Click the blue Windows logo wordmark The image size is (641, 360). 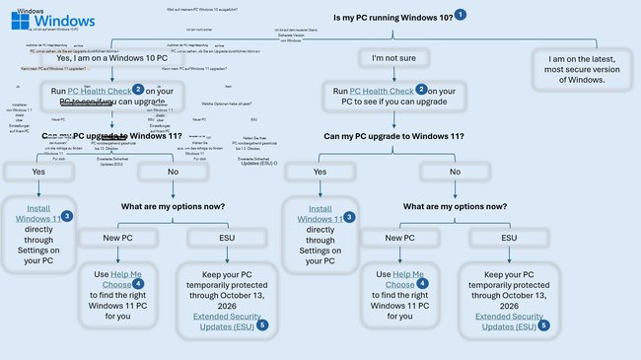(60, 21)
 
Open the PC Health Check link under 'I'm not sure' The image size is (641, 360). (372, 91)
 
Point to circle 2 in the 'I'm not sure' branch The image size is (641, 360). (421, 89)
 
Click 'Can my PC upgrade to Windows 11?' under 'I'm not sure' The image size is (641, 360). (392, 135)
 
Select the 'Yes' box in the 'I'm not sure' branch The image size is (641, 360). (320, 171)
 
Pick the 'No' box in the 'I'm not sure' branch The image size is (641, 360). (454, 171)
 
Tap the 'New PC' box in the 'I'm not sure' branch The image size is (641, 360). (392, 238)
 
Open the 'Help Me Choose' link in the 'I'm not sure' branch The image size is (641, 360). (406, 279)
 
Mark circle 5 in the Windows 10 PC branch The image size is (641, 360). (262, 324)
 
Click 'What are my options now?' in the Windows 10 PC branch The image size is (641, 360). (173, 206)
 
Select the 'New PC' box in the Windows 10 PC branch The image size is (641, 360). (114, 238)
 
